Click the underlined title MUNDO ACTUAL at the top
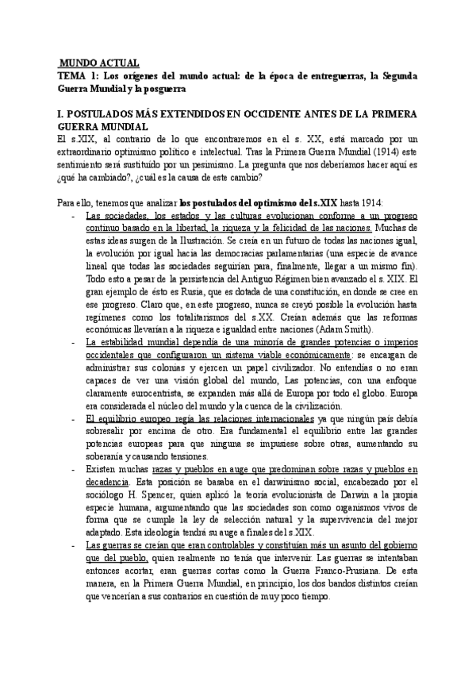(100, 63)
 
